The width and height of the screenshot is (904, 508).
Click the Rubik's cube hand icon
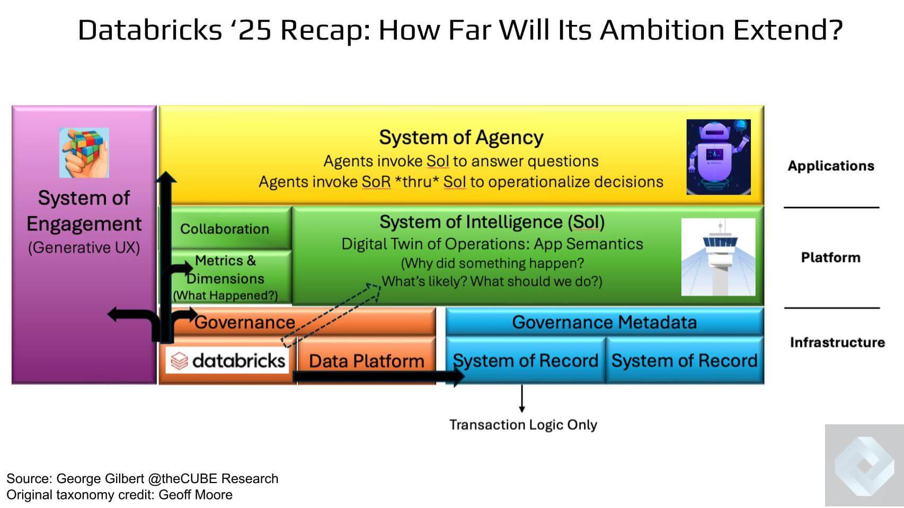click(x=84, y=153)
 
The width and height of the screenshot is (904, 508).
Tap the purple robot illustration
click(x=718, y=157)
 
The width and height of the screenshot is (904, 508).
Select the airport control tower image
click(x=718, y=257)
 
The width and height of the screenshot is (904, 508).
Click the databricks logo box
click(x=228, y=361)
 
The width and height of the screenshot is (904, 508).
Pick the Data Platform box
click(x=367, y=361)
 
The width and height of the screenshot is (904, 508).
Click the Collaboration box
click(x=225, y=229)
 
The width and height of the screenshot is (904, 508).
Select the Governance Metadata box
click(x=604, y=322)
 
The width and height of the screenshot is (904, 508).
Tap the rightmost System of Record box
click(x=684, y=361)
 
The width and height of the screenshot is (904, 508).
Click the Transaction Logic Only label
click(x=523, y=425)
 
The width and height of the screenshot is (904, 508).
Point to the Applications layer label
click(x=830, y=166)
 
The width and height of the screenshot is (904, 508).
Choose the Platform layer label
click(x=830, y=257)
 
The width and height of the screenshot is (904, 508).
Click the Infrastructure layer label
click(x=837, y=342)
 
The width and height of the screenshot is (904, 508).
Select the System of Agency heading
click(x=461, y=137)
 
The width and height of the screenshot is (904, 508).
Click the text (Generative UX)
click(x=84, y=247)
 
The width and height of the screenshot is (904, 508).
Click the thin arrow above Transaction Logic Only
click(x=522, y=398)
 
